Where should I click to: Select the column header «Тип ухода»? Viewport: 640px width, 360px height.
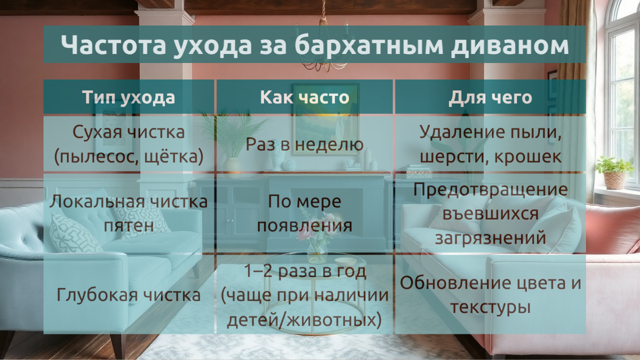pos(129,98)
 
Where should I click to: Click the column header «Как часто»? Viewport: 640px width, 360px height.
pos(305,98)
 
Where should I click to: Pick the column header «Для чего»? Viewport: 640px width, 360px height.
pos(490,98)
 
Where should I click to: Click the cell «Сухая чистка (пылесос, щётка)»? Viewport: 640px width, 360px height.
pos(129,144)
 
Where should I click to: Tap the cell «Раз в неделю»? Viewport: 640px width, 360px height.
pos(305,144)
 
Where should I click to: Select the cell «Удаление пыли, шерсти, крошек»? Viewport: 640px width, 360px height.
pos(490,144)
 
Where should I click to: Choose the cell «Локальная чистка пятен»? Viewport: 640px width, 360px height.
pos(129,213)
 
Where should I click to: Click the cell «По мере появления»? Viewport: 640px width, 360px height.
pos(305,213)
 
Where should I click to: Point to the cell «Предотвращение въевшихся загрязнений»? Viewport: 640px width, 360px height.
pos(490,213)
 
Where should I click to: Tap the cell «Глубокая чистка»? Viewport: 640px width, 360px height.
pos(129,295)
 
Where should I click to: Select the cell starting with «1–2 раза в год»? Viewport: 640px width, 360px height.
pos(305,295)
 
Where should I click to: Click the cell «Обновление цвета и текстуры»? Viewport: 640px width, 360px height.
pos(490,295)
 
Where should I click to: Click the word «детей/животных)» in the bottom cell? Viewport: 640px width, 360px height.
pos(305,320)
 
